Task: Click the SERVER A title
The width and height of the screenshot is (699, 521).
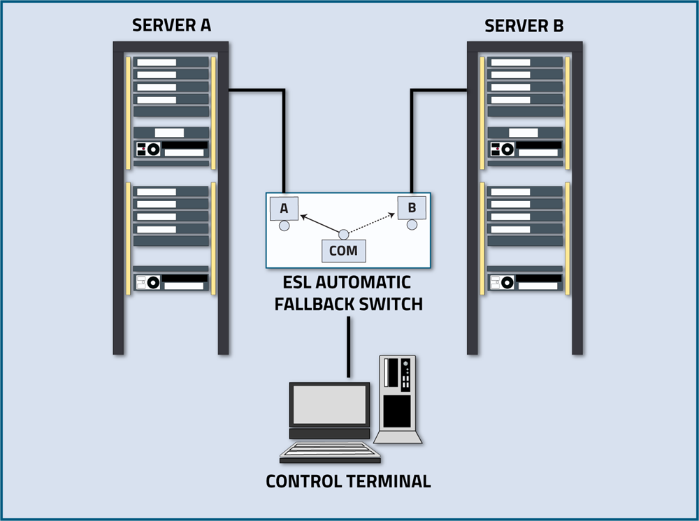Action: pos(171,27)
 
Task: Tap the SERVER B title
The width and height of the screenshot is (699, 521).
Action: pos(524,27)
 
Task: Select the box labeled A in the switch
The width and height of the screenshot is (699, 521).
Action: pos(284,208)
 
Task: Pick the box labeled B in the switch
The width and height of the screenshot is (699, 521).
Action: pos(412,207)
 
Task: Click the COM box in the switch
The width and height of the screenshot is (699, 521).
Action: pos(343,251)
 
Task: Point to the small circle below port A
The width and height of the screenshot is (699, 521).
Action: pos(284,226)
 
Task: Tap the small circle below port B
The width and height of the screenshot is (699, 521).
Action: pos(412,225)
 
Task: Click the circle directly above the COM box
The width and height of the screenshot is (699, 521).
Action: pos(343,234)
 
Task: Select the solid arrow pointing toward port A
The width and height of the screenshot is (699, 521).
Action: pos(320,225)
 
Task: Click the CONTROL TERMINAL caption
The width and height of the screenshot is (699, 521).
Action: pos(348,482)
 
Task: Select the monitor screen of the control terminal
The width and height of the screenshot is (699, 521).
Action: pos(330,404)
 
